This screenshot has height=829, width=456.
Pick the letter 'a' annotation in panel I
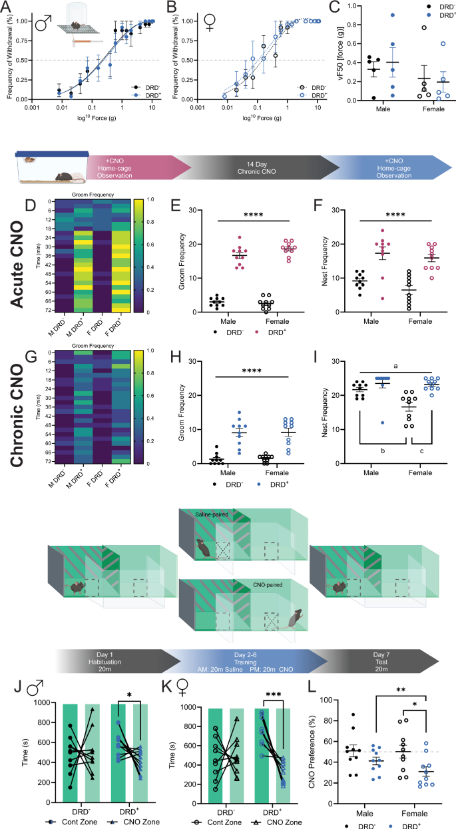[396, 366]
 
